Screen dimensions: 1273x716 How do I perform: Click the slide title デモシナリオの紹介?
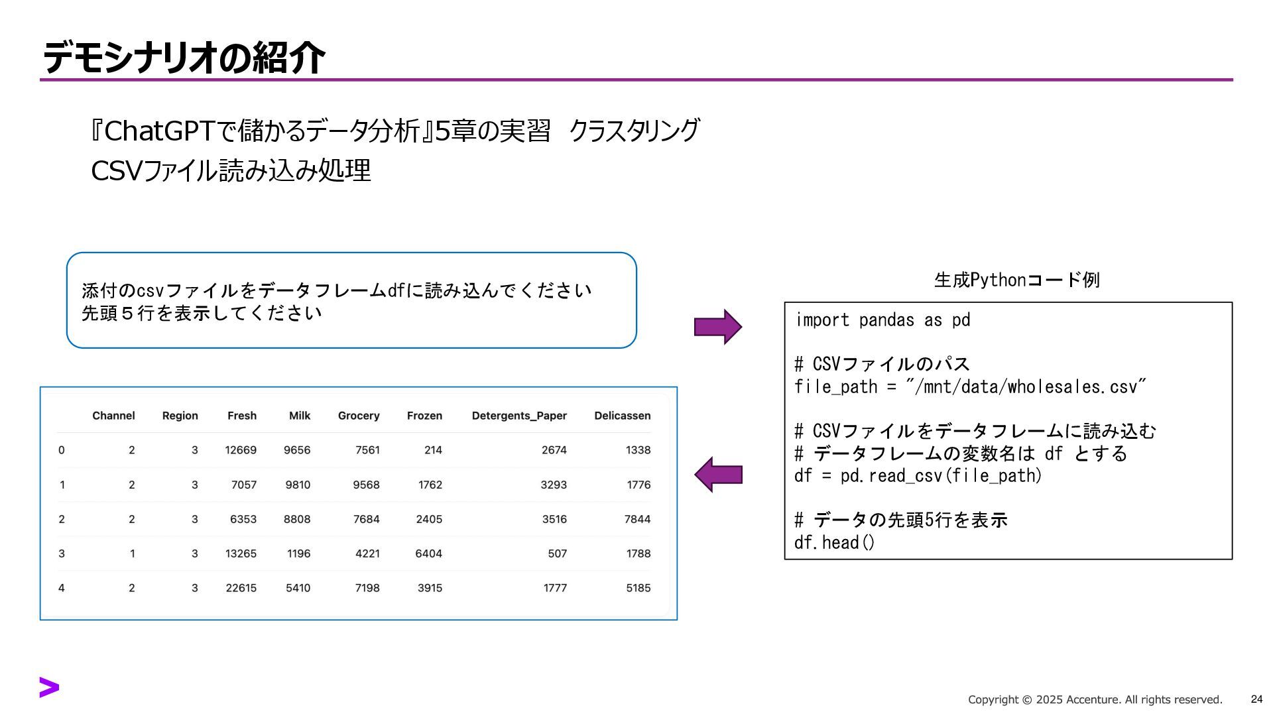pyautogui.click(x=184, y=58)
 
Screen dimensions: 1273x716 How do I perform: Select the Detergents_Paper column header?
pyautogui.click(x=519, y=416)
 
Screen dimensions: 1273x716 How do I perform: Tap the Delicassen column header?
pyautogui.click(x=622, y=416)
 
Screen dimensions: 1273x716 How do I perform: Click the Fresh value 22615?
pyautogui.click(x=241, y=588)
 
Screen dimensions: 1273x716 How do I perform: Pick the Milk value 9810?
pyautogui.click(x=298, y=485)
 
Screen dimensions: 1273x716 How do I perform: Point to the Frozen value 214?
pyautogui.click(x=433, y=450)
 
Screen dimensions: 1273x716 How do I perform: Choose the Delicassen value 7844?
pyautogui.click(x=637, y=519)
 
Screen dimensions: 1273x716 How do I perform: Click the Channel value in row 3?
pyautogui.click(x=132, y=554)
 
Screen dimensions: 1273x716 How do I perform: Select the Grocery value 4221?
pyautogui.click(x=367, y=554)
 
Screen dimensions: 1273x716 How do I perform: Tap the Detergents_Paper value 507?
pyautogui.click(x=557, y=554)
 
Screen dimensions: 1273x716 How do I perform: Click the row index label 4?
pyautogui.click(x=62, y=588)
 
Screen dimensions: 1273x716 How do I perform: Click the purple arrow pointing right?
pyautogui.click(x=717, y=327)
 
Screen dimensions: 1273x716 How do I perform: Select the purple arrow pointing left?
pyautogui.click(x=717, y=475)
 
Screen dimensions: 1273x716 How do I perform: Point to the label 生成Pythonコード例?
pyautogui.click(x=1016, y=280)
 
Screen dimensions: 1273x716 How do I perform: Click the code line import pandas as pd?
pyautogui.click(x=882, y=320)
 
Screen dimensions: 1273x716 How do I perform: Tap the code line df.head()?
pyautogui.click(x=834, y=543)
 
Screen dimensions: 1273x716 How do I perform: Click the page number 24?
pyautogui.click(x=1256, y=699)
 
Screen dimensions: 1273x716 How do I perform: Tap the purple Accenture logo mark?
pyautogui.click(x=49, y=687)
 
